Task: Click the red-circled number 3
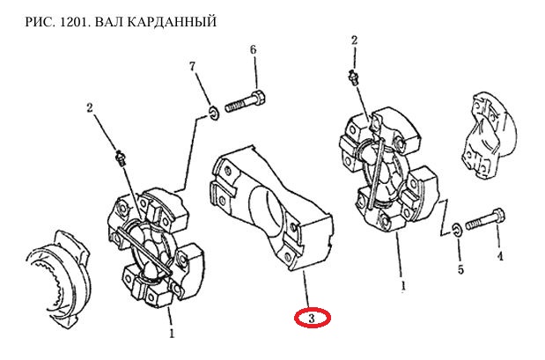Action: (x=312, y=318)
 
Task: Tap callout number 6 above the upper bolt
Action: (x=254, y=49)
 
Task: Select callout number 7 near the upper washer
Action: (x=193, y=66)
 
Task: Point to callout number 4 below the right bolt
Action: (x=500, y=257)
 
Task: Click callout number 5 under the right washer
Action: (x=460, y=269)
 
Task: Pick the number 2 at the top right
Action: (x=354, y=40)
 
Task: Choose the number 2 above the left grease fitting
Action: (x=90, y=108)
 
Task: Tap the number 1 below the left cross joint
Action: (x=172, y=334)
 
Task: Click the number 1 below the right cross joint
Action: (x=403, y=286)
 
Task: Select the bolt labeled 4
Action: (x=485, y=219)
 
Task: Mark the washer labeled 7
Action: (x=213, y=114)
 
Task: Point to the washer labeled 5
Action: (x=456, y=231)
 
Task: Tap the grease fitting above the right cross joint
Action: (x=354, y=77)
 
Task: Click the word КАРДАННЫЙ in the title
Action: (x=170, y=21)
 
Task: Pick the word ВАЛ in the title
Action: (x=106, y=21)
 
